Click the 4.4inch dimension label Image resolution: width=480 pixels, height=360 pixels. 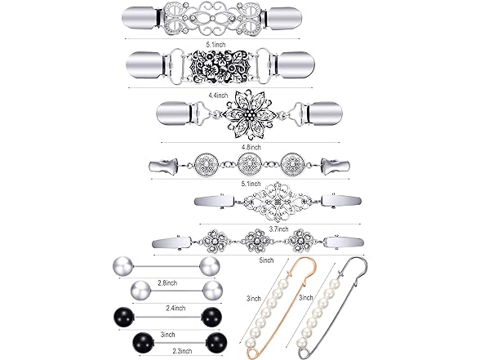pyautogui.click(x=218, y=96)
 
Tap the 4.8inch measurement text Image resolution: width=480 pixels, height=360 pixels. pyautogui.click(x=251, y=147)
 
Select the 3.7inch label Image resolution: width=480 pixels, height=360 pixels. pyautogui.click(x=278, y=229)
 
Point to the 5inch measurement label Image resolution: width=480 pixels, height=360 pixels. pyautogui.click(x=266, y=260)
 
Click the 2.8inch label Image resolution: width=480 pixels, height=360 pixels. pyautogui.click(x=167, y=283)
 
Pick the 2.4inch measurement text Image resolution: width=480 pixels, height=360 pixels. pyautogui.click(x=176, y=309)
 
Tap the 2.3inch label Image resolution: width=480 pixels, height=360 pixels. pyautogui.click(x=182, y=351)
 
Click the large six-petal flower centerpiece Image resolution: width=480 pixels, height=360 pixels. pyautogui.click(x=250, y=114)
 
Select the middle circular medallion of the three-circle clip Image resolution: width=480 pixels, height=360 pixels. pyautogui.click(x=250, y=163)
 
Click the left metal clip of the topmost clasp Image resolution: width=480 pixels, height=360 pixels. pyautogui.click(x=140, y=18)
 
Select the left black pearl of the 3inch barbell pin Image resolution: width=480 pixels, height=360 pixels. pyautogui.click(x=123, y=318)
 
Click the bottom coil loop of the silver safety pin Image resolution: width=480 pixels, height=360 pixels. pyautogui.click(x=301, y=353)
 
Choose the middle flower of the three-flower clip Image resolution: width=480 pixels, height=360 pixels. pyautogui.click(x=258, y=240)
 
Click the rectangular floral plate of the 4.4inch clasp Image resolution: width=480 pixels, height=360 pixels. pyautogui.click(x=220, y=65)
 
